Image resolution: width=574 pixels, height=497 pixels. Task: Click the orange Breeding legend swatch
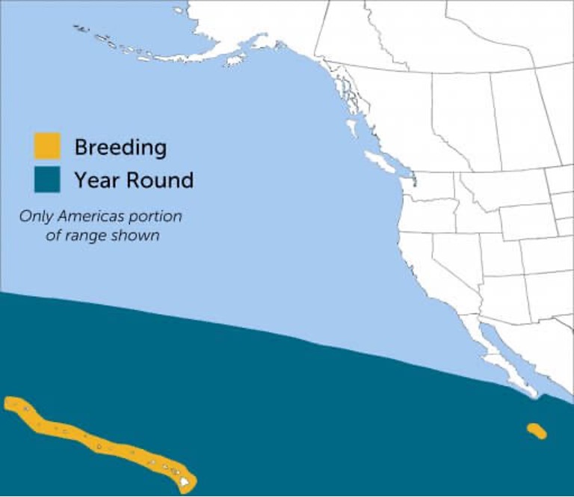[47, 146]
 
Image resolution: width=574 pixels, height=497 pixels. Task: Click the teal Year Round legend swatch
[47, 180]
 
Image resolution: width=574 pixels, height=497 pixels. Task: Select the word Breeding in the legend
[120, 147]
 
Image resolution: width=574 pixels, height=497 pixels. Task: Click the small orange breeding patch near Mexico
[537, 431]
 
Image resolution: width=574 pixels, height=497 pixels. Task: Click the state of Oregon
[426, 217]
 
